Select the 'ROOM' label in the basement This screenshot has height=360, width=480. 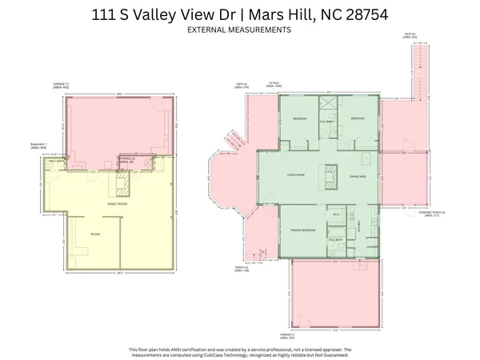(x=94, y=234)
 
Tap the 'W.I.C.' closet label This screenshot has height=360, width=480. (x=338, y=214)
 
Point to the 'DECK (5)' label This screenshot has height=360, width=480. (x=410, y=35)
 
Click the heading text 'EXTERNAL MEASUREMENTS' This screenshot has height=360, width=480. (x=239, y=30)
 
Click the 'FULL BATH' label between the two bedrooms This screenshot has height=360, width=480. (x=326, y=121)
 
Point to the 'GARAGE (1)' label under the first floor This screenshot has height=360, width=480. (x=286, y=335)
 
